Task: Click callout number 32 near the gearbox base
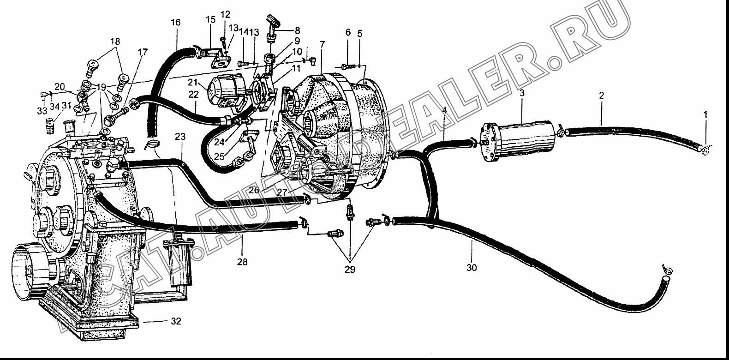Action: tap(176, 321)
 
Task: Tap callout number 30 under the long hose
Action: tap(472, 268)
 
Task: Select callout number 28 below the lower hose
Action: tap(242, 262)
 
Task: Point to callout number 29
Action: tap(350, 270)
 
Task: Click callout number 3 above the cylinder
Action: tap(522, 93)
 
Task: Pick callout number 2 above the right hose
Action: tap(602, 96)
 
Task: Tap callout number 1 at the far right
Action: tap(705, 114)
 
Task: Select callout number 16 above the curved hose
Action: tap(175, 23)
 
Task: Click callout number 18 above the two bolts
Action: tap(115, 42)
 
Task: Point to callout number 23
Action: tap(180, 136)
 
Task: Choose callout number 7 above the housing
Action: tap(322, 44)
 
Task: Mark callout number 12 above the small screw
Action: tap(225, 14)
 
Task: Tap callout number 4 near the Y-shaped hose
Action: tap(445, 110)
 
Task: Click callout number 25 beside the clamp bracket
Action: tap(219, 157)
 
